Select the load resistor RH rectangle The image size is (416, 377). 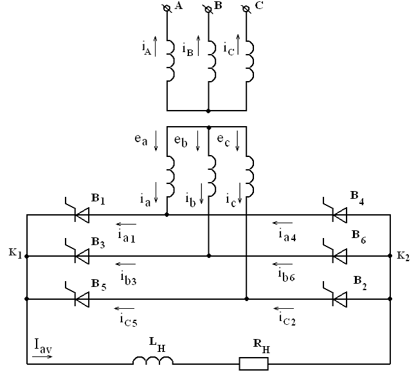coord(253,364)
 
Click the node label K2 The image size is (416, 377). coord(402,255)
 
